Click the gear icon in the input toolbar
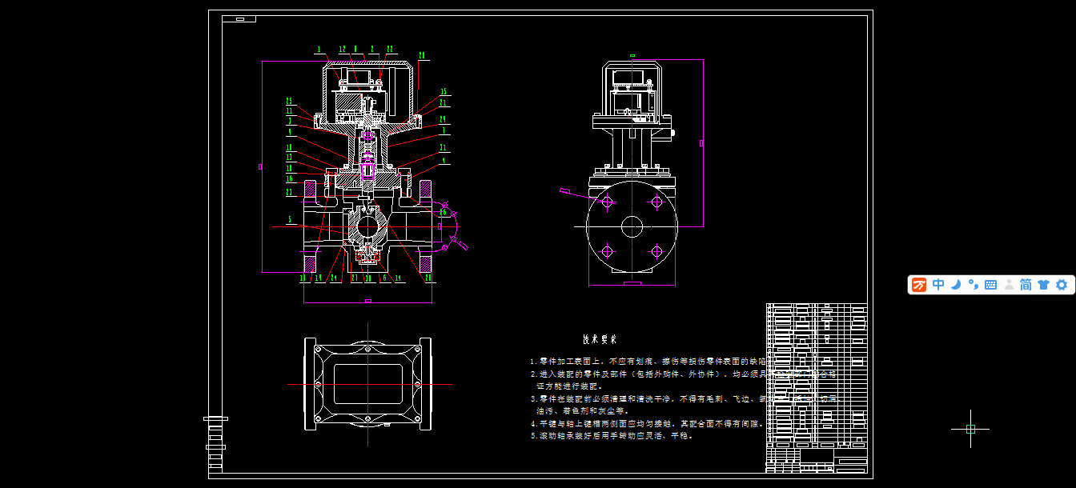click(1062, 285)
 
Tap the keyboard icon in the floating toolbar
click(990, 285)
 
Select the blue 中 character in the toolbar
click(938, 285)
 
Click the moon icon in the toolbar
click(955, 285)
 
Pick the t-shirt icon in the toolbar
click(1043, 285)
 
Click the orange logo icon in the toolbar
click(920, 285)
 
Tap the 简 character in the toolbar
click(1026, 285)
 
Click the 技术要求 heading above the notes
click(599, 339)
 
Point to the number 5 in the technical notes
click(532, 437)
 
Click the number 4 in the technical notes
click(532, 424)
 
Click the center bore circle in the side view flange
click(632, 226)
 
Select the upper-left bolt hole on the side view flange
click(607, 202)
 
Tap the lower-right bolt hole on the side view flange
click(656, 252)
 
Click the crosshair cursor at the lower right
click(970, 429)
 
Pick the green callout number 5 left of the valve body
click(291, 218)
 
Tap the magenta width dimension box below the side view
click(632, 284)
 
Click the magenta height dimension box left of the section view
click(261, 166)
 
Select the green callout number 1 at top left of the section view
click(319, 50)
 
